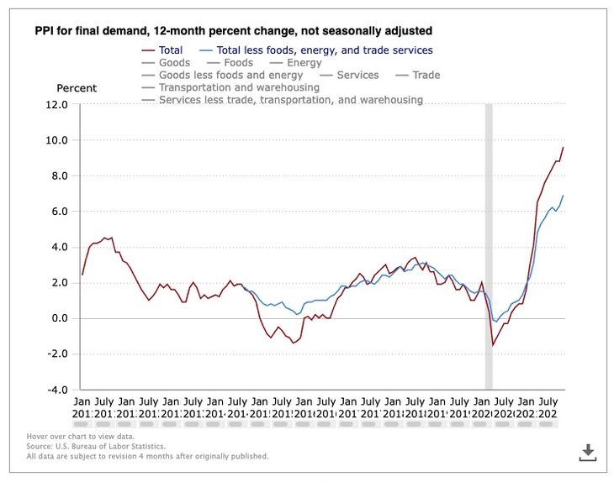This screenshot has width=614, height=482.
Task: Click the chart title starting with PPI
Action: [x=233, y=30]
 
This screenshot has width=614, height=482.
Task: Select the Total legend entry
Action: [x=170, y=50]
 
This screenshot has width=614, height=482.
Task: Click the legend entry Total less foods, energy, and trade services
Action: [x=324, y=50]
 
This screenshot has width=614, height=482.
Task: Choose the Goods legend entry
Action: [x=174, y=63]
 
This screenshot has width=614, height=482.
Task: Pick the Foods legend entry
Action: [x=238, y=63]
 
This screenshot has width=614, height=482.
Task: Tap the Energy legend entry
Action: [x=304, y=63]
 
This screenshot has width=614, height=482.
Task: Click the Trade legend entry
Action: [x=426, y=76]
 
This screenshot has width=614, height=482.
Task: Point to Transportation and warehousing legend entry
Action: [x=239, y=87]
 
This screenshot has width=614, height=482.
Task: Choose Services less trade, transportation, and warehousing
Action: [x=290, y=100]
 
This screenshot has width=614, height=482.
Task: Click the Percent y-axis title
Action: [x=77, y=88]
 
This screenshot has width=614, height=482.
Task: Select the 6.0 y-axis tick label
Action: [x=57, y=212]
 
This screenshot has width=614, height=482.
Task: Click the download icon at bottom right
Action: [x=588, y=453]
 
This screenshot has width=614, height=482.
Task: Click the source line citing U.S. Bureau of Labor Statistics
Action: [x=96, y=447]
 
